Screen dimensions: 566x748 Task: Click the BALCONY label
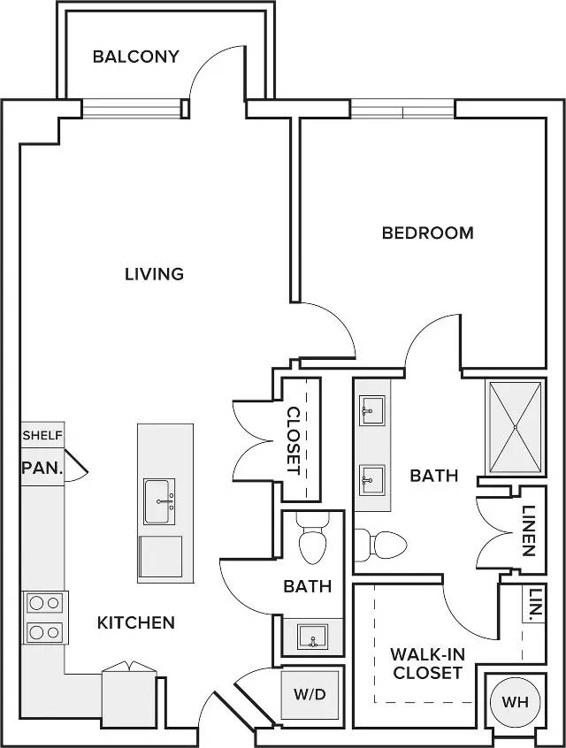point(136,57)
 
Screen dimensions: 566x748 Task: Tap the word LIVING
point(154,274)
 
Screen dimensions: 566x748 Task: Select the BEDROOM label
point(428,233)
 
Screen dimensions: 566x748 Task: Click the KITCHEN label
point(136,622)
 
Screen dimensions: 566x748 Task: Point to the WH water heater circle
point(516,702)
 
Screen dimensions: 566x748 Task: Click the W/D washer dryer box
point(310,694)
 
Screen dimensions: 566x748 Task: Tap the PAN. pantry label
point(42,468)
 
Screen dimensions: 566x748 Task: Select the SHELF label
point(42,435)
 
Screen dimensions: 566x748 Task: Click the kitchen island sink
point(159,501)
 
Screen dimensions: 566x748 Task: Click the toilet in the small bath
point(312,538)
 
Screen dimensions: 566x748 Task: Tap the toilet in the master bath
point(380,545)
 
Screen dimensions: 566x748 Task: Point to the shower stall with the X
point(516,427)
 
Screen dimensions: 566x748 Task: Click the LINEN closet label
point(528,530)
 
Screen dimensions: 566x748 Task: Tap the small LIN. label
point(536,604)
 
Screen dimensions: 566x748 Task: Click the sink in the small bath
point(312,637)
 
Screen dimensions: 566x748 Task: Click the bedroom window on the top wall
point(402,110)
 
